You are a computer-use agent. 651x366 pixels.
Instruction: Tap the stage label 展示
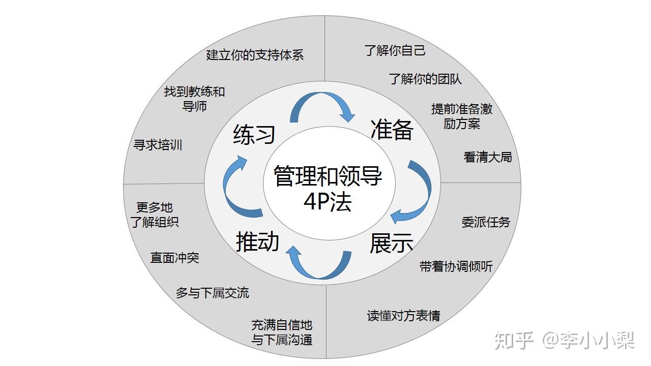pyautogui.click(x=391, y=243)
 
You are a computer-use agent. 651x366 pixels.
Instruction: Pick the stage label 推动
pyautogui.click(x=258, y=241)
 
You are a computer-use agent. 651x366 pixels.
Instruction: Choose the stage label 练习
pyautogui.click(x=254, y=135)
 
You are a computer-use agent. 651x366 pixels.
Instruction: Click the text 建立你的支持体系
pyautogui.click(x=255, y=55)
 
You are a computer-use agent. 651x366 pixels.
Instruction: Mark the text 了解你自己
pyautogui.click(x=395, y=50)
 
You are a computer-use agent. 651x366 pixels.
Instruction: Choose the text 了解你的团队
pyautogui.click(x=425, y=79)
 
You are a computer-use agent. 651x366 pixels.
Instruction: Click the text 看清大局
pyautogui.click(x=487, y=157)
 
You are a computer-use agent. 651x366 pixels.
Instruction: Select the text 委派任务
pyautogui.click(x=486, y=222)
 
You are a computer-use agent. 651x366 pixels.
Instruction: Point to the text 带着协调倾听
pyautogui.click(x=456, y=266)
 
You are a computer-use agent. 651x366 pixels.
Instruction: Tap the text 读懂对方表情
pyautogui.click(x=403, y=316)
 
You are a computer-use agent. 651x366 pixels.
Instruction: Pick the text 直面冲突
pyautogui.click(x=174, y=258)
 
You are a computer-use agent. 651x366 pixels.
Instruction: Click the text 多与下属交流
pyautogui.click(x=212, y=293)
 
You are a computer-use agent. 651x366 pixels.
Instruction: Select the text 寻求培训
pyautogui.click(x=158, y=145)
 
